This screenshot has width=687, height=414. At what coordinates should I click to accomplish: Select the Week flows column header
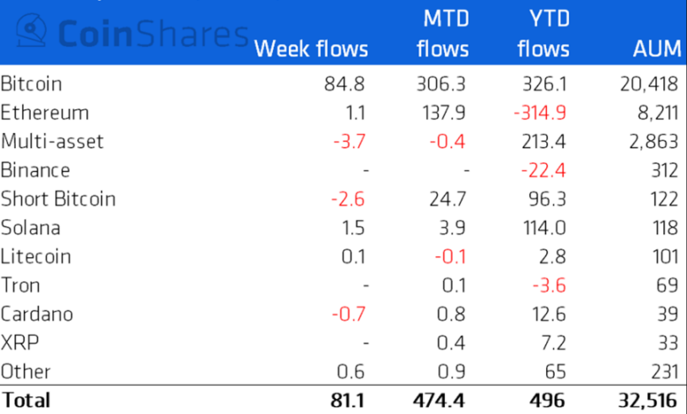pos(311,48)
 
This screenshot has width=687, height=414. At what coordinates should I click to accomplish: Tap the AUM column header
pos(657,48)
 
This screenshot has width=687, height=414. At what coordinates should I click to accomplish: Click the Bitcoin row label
pos(31,85)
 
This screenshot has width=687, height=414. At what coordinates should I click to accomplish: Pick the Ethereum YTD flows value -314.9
pos(540,113)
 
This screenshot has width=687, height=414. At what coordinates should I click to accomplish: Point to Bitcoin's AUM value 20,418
pos(648,85)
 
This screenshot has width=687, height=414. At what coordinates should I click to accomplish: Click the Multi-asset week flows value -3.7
pos(348,141)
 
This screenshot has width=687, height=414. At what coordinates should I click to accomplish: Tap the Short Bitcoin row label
pos(58,198)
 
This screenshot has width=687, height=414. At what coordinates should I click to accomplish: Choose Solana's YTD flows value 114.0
pos(545,227)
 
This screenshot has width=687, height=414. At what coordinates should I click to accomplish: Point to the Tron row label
pos(20,285)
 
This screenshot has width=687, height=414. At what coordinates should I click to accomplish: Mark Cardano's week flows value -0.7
pos(348,314)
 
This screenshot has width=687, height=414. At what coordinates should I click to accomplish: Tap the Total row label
pos(26,400)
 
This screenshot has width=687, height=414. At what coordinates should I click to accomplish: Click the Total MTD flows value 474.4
pos(439,400)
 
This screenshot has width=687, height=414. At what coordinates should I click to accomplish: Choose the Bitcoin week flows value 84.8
pos(344,85)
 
